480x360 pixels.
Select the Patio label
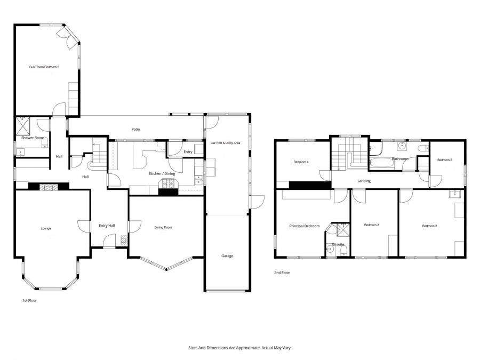click(136, 129)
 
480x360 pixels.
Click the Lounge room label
click(46, 228)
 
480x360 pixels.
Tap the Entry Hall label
click(107, 226)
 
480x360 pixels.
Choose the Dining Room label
click(163, 228)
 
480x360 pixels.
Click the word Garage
click(227, 256)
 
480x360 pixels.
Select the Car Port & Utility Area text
click(225, 143)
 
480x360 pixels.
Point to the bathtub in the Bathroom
click(383, 164)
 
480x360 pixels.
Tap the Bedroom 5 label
click(444, 160)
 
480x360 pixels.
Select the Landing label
click(364, 181)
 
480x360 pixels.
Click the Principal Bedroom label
click(304, 226)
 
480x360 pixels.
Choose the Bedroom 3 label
click(371, 225)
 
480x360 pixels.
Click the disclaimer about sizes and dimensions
click(240, 348)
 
